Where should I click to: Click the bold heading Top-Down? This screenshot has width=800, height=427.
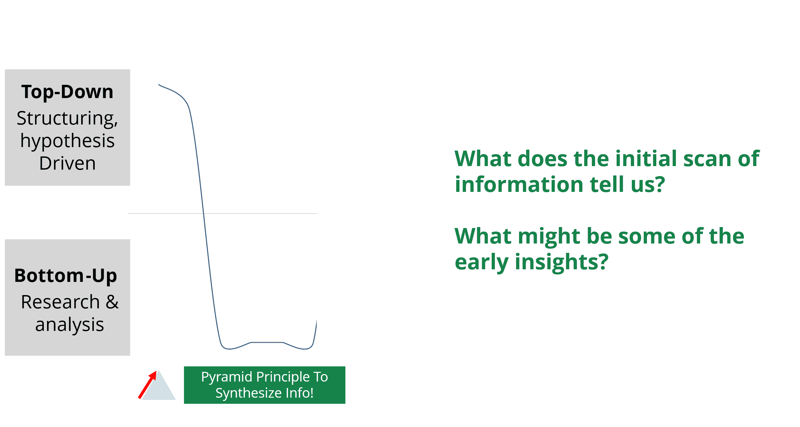67,92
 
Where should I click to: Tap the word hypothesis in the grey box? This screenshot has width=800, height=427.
67,141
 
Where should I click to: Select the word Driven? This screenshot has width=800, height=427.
67,163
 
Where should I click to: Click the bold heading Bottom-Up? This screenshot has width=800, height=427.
66,276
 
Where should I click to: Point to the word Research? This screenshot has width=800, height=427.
60,302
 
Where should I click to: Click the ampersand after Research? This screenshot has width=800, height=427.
112,302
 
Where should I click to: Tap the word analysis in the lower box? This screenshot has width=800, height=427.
69,324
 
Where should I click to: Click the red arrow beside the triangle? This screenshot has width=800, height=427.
147,384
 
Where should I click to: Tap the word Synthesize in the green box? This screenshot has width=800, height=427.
245,393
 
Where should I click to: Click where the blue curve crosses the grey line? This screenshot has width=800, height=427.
204,213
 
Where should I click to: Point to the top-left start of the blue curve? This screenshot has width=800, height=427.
159,85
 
